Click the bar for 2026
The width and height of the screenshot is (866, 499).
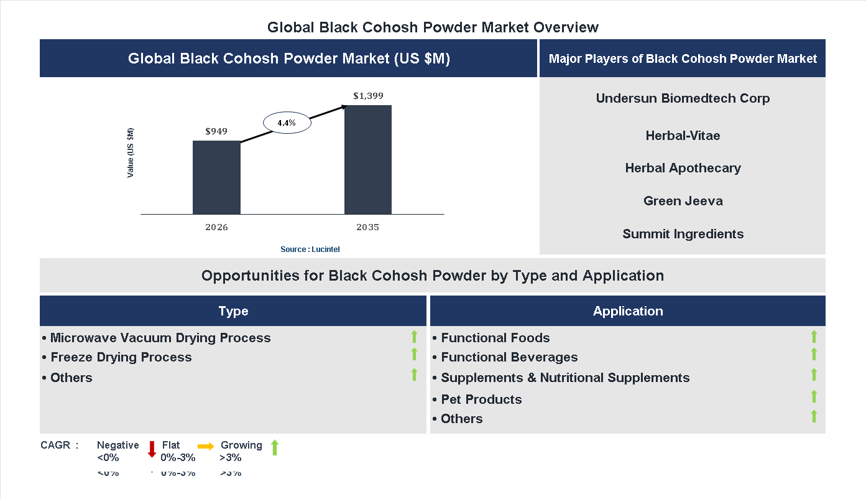pyautogui.click(x=216, y=177)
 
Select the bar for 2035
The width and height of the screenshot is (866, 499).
pyautogui.click(x=368, y=159)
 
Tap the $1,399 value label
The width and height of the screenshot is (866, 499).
pyautogui.click(x=368, y=96)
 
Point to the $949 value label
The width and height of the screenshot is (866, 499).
pyautogui.click(x=216, y=131)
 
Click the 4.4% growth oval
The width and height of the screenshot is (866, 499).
pyautogui.click(x=287, y=123)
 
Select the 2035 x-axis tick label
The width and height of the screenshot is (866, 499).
pyautogui.click(x=367, y=227)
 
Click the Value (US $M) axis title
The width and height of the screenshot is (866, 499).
pyautogui.click(x=131, y=153)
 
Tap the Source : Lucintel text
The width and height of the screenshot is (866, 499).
pyautogui.click(x=310, y=250)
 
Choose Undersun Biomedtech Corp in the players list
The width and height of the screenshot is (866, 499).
pyautogui.click(x=683, y=98)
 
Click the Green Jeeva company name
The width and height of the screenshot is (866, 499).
pyautogui.click(x=683, y=201)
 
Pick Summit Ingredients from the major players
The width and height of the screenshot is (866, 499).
pyautogui.click(x=683, y=234)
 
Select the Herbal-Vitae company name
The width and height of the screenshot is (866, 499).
pyautogui.click(x=683, y=136)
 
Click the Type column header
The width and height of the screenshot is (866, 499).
pyautogui.click(x=233, y=311)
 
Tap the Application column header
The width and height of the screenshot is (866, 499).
pyautogui.click(x=628, y=311)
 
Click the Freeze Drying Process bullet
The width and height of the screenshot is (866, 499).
pyautogui.click(x=121, y=357)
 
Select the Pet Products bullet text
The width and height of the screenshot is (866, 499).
pyautogui.click(x=481, y=399)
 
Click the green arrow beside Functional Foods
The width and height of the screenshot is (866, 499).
pyautogui.click(x=814, y=337)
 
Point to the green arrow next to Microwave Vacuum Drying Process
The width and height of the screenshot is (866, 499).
pyautogui.click(x=414, y=337)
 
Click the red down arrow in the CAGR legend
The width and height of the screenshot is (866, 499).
pyautogui.click(x=152, y=449)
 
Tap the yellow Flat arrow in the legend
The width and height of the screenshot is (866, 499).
pyautogui.click(x=206, y=446)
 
